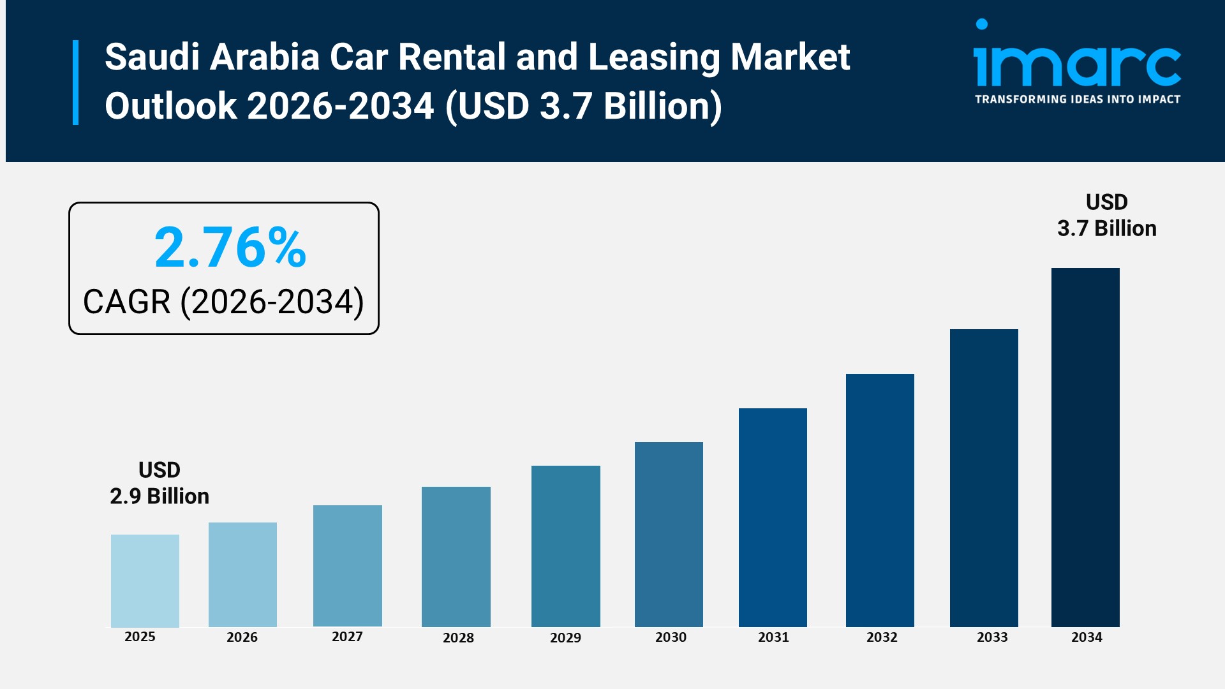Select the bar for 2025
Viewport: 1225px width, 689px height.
point(145,581)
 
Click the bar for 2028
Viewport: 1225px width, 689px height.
point(456,556)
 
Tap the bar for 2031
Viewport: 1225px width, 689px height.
point(773,517)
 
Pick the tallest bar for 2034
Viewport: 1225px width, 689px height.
point(1085,447)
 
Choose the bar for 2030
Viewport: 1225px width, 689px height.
point(669,534)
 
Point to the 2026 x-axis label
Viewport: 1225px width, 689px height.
point(242,637)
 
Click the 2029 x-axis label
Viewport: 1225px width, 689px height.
point(565,637)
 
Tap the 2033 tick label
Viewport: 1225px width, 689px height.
point(992,637)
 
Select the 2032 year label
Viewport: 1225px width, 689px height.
point(882,637)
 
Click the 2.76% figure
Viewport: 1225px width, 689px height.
point(230,248)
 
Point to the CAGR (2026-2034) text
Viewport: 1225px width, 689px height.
point(223,302)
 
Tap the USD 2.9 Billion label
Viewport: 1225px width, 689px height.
point(160,483)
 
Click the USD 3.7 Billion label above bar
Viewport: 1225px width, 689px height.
point(1106,215)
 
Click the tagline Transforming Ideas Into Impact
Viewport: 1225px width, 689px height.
point(1077,100)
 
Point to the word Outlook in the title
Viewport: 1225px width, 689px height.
point(170,106)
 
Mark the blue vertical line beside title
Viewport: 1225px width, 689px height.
point(75,82)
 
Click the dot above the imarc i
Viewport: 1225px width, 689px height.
point(982,24)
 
